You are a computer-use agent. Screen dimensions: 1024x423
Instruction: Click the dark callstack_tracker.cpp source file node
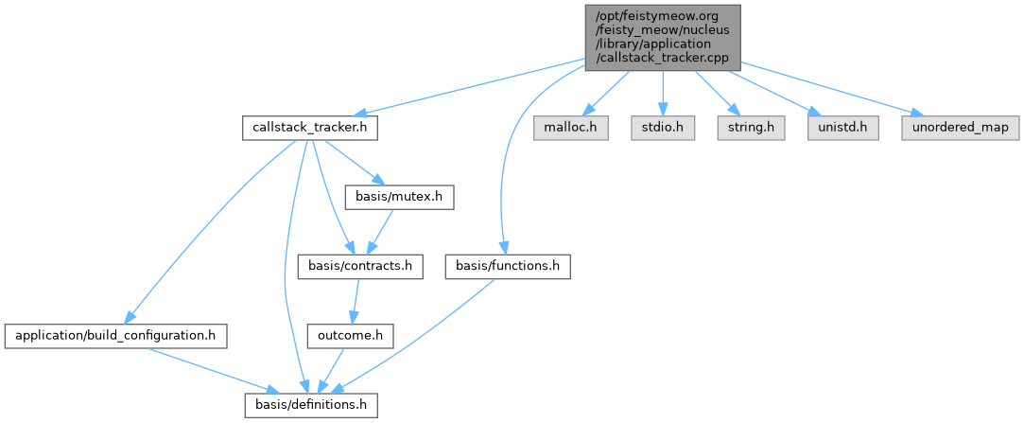tap(663, 37)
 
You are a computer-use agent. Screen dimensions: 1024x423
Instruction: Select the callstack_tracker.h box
tap(309, 128)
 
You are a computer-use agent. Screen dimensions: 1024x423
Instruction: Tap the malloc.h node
tap(571, 128)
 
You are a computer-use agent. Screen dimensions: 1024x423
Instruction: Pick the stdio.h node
tap(663, 128)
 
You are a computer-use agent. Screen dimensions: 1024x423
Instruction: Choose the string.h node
tap(751, 128)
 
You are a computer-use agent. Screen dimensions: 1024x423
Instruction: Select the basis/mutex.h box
tap(400, 198)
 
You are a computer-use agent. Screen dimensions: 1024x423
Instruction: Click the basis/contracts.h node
tap(360, 267)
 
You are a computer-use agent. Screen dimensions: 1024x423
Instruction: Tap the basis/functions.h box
tap(508, 267)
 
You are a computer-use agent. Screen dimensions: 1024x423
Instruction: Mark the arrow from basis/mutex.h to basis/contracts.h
tap(380, 232)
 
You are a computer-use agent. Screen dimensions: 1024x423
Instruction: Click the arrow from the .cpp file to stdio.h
tap(663, 94)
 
